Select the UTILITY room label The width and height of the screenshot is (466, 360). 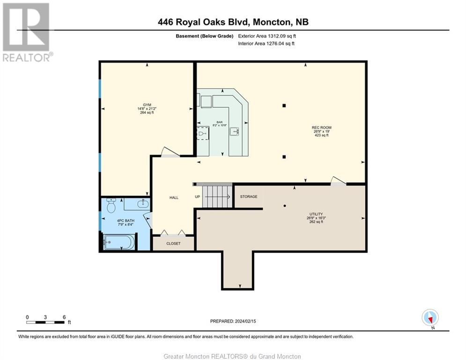[x=316, y=214]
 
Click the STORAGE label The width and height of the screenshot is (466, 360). [x=249, y=196]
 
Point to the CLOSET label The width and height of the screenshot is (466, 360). [x=173, y=243]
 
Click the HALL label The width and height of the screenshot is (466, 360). [x=174, y=198]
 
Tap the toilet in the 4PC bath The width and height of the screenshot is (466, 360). [x=111, y=205]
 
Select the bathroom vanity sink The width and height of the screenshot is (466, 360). [x=142, y=204]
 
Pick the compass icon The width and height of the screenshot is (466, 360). [x=429, y=317]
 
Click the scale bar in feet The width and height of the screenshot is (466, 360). [x=45, y=322]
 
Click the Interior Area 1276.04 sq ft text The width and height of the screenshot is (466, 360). [x=266, y=44]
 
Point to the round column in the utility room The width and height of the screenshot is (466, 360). [x=285, y=205]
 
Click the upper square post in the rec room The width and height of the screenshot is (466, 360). [x=284, y=105]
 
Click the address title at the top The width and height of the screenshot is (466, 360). [x=233, y=22]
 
